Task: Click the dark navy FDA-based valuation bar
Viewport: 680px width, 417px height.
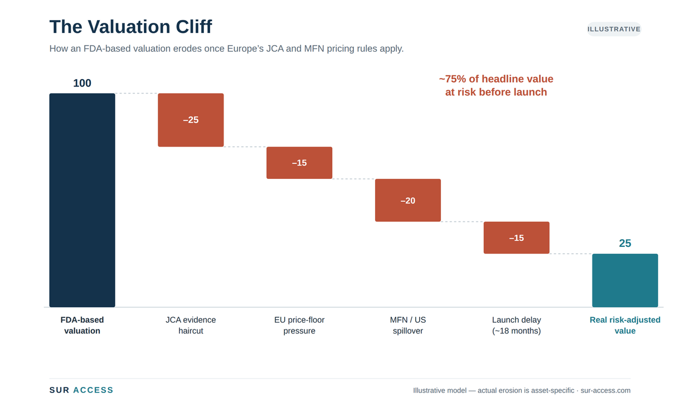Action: pyautogui.click(x=82, y=200)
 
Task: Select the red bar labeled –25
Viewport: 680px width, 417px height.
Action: pyautogui.click(x=191, y=120)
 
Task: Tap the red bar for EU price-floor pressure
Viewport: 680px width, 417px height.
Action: pyautogui.click(x=299, y=163)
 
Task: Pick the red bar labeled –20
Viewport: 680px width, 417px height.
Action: pyautogui.click(x=407, y=200)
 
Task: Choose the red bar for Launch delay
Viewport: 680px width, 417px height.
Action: pyautogui.click(x=516, y=237)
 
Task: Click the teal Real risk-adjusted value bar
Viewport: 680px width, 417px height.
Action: pyautogui.click(x=625, y=280)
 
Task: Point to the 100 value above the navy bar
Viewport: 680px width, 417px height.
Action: pyautogui.click(x=82, y=83)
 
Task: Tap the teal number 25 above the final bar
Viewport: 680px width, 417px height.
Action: pyautogui.click(x=625, y=243)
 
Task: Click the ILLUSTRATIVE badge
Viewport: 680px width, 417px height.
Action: pyautogui.click(x=614, y=29)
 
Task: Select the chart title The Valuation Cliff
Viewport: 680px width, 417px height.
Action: pyautogui.click(x=130, y=27)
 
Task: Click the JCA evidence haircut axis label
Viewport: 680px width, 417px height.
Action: pyautogui.click(x=191, y=325)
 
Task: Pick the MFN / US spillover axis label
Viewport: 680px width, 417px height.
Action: pyautogui.click(x=407, y=325)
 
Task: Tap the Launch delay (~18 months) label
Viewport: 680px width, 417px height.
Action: pyautogui.click(x=516, y=325)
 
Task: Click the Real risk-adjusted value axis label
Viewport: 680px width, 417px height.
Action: pyautogui.click(x=625, y=325)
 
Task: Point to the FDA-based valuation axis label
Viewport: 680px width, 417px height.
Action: pyautogui.click(x=82, y=325)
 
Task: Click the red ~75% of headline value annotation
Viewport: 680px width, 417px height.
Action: pyautogui.click(x=496, y=85)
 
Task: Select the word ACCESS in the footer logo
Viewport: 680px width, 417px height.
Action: pyautogui.click(x=93, y=390)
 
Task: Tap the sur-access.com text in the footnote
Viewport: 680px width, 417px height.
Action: pyautogui.click(x=605, y=390)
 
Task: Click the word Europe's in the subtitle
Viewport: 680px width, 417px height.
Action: pyautogui.click(x=245, y=49)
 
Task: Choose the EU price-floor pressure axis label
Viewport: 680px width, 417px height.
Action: pyautogui.click(x=299, y=325)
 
